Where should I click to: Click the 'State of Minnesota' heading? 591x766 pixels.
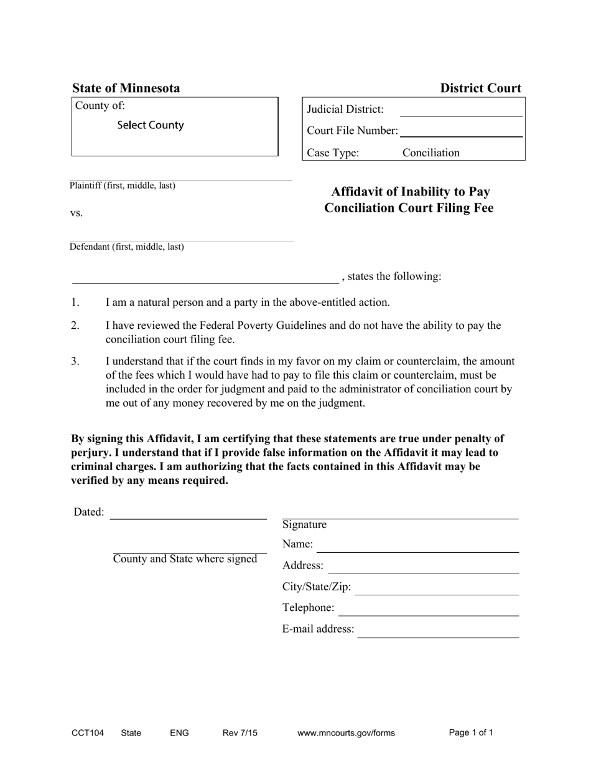[126, 88]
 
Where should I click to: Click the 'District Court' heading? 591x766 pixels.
[480, 88]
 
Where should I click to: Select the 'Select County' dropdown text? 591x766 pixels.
[151, 125]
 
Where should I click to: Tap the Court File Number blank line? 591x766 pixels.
[460, 131]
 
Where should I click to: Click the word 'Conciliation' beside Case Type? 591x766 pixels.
[431, 153]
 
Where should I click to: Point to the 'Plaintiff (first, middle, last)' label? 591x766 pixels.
[123, 186]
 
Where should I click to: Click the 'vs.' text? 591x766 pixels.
[77, 213]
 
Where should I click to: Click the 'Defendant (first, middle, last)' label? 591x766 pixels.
[127, 247]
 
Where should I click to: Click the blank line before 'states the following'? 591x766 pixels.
[205, 278]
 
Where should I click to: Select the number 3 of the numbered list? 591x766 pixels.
[75, 361]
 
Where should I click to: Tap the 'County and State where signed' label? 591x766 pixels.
[185, 559]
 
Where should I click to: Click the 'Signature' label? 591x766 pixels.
[304, 525]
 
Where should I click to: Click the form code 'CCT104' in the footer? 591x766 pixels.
[88, 733]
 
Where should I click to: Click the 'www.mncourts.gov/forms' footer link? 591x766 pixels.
[346, 733]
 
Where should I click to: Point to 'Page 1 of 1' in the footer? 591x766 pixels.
[471, 733]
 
